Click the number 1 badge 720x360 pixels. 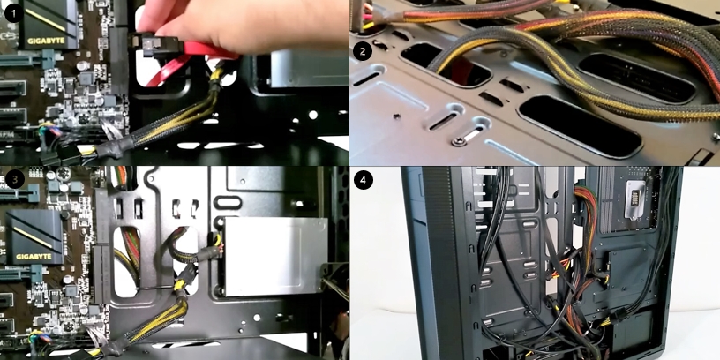(14, 14)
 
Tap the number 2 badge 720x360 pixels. (363, 51)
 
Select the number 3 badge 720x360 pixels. (15, 179)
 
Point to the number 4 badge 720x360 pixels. (363, 181)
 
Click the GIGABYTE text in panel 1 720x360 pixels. (46, 41)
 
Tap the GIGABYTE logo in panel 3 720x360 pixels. (34, 256)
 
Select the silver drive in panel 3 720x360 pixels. (275, 256)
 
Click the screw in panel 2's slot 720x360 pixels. (459, 142)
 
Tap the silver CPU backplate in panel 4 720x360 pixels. (636, 200)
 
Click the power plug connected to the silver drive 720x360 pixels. (212, 253)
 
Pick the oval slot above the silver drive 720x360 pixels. (228, 203)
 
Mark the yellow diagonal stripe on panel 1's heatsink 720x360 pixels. (46, 19)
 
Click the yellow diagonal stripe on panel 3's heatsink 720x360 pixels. (32, 236)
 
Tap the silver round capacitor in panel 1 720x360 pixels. (83, 66)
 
